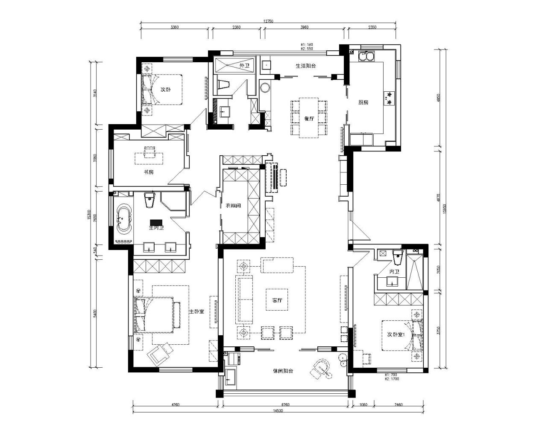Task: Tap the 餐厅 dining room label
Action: pos(309,119)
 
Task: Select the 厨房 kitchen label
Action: pos(363,102)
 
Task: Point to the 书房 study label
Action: pos(148,172)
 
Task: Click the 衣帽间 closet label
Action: pos(233,206)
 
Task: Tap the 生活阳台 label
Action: pos(305,66)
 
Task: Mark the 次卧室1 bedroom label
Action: pos(396,334)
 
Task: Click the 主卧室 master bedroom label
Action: pos(196,311)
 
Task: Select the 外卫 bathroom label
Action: pos(244,66)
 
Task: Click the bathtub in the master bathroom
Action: pos(124,220)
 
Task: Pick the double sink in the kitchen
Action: pos(366,55)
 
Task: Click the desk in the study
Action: pos(149,157)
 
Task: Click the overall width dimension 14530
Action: pos(278,411)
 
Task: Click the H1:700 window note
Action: pos(391,375)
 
